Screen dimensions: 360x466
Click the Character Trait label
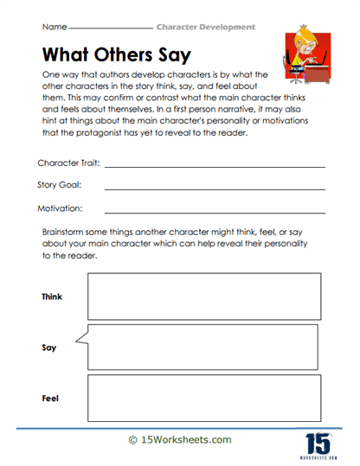67,163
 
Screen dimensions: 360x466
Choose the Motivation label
59,207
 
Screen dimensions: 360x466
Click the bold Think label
52,297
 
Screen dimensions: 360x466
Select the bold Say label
48,348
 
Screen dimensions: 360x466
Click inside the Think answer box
203,297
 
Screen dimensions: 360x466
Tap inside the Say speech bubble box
203,347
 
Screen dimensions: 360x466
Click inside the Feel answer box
203,398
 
